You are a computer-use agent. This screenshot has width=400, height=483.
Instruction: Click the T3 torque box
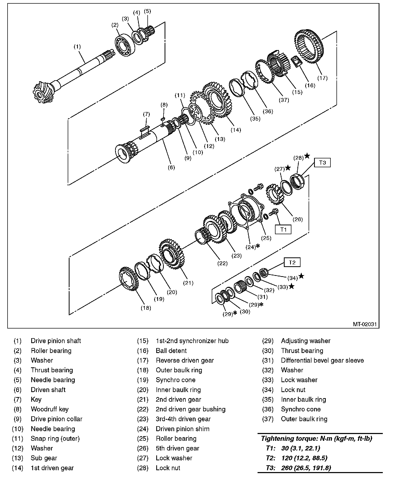[x=322, y=163]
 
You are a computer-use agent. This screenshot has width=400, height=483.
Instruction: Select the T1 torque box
[x=283, y=230]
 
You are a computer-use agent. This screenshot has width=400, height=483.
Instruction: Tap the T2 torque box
[x=292, y=262]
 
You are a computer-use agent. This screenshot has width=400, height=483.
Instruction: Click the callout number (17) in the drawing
[x=322, y=78]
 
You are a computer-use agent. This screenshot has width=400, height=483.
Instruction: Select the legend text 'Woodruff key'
[x=49, y=409]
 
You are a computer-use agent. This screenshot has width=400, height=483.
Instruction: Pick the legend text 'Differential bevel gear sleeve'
[x=322, y=360]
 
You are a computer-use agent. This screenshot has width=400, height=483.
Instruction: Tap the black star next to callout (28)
[x=307, y=156]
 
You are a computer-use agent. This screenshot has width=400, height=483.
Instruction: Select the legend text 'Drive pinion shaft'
[x=56, y=341]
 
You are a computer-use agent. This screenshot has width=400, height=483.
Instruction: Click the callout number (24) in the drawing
[x=251, y=247]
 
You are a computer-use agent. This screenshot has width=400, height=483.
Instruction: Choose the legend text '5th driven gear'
[x=177, y=448]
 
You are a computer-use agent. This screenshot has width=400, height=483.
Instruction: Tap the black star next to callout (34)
[x=301, y=276]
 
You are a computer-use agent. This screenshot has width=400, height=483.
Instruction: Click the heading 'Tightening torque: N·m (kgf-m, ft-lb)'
[x=316, y=439]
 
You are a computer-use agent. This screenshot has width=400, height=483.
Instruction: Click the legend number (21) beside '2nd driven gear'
[x=143, y=399]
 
